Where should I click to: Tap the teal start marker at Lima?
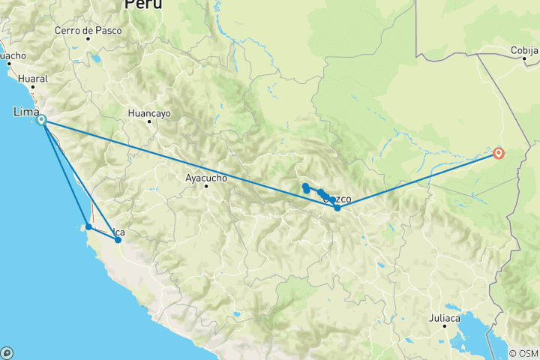(x=42, y=120)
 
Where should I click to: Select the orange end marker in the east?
(x=499, y=154)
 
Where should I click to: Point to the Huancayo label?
(x=150, y=112)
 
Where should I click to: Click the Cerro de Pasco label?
(x=83, y=31)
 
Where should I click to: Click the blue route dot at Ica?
(x=118, y=240)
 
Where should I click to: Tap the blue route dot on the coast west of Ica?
(x=88, y=226)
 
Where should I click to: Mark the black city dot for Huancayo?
(x=149, y=121)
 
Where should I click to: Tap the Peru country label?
(x=143, y=4)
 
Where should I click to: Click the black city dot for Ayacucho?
(x=206, y=186)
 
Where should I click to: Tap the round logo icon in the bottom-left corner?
(x=6, y=352)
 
